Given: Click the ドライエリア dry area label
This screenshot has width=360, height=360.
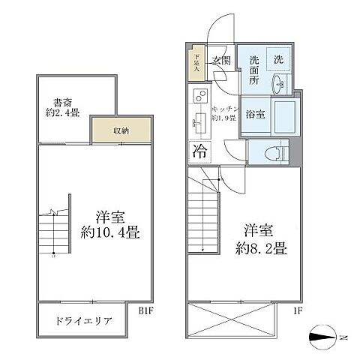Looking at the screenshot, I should point(83,322).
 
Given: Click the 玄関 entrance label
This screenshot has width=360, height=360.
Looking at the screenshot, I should point(220,61).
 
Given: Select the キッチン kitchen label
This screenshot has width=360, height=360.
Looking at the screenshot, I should point(225,111).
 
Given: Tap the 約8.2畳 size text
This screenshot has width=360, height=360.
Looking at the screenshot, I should point(259,238).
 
